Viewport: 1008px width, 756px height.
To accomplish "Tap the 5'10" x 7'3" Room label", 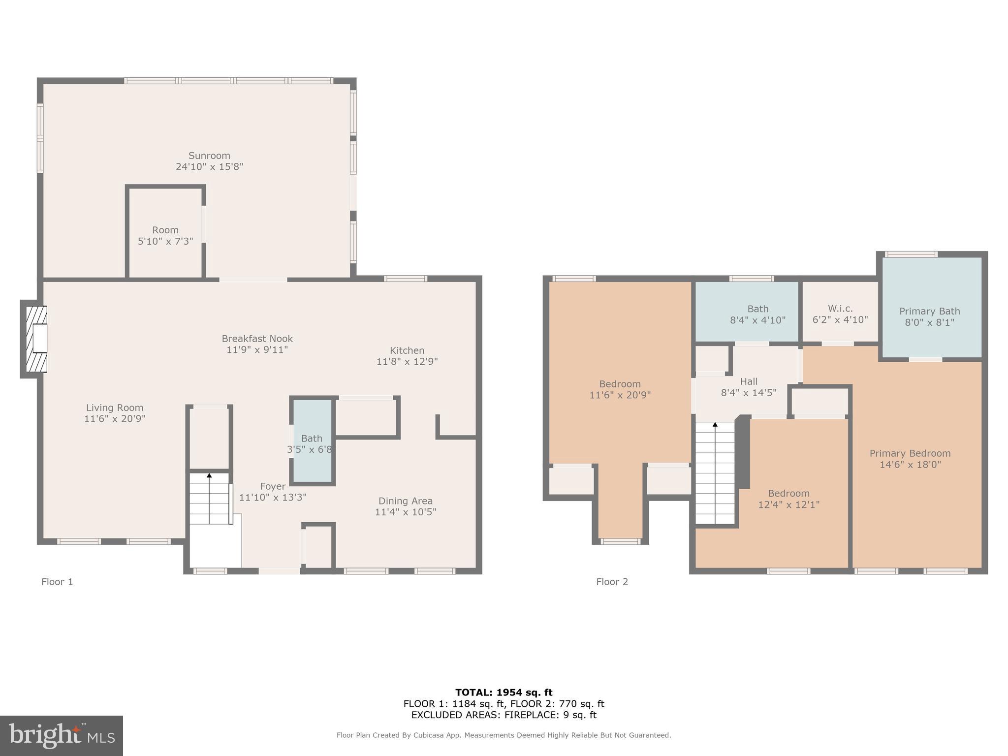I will (165, 236).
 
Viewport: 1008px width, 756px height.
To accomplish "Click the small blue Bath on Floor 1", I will (312, 441).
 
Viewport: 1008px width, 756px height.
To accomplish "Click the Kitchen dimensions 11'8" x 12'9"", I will (407, 362).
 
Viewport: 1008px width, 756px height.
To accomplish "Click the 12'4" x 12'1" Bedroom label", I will (788, 499).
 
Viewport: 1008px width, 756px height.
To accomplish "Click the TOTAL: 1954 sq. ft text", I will (504, 693).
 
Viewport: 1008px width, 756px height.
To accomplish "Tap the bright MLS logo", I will (62, 736).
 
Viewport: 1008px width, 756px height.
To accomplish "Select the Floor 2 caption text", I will (612, 582).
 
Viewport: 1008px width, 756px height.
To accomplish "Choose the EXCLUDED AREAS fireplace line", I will (504, 715).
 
